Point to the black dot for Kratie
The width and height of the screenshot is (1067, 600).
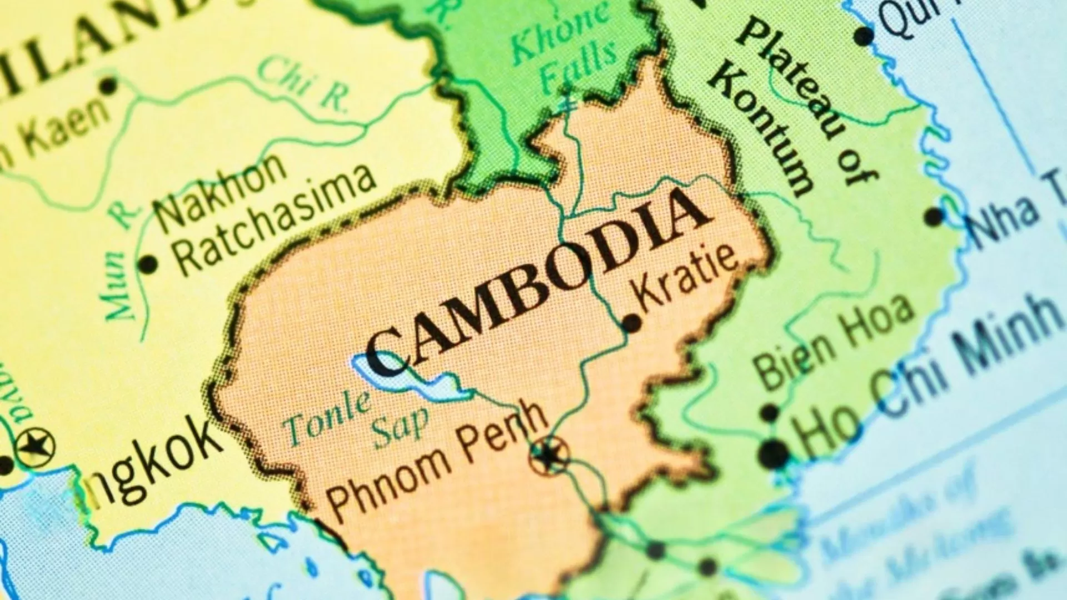[x=631, y=323]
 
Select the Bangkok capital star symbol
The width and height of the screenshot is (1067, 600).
[x=35, y=446]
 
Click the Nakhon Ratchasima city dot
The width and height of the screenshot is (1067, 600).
[x=148, y=264]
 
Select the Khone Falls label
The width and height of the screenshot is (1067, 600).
[x=564, y=53]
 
